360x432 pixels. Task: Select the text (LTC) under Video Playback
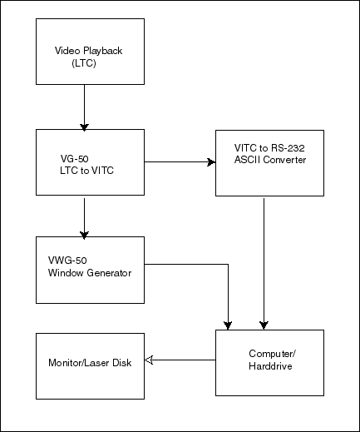pos(84,63)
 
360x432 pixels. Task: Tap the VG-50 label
pos(74,159)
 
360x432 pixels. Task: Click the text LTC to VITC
pos(86,171)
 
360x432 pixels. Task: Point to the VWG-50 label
pos(67,261)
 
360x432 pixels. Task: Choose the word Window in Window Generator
pos(66,273)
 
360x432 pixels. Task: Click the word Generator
pos(109,273)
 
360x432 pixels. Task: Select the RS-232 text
pos(288,148)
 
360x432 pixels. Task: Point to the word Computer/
pos(273,354)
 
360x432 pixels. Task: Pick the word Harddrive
pos(270,366)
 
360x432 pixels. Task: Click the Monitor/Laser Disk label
pos(90,363)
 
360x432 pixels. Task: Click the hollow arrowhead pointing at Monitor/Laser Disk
pos(149,360)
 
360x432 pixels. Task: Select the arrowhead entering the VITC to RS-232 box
pos(211,162)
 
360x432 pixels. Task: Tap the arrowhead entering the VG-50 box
pos(84,127)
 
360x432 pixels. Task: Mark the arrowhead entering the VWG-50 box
pos(84,235)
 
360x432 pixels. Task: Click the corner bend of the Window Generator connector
pos(228,264)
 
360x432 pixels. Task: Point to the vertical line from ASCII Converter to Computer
pos(264,263)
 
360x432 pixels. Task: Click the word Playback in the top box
pos(103,51)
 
